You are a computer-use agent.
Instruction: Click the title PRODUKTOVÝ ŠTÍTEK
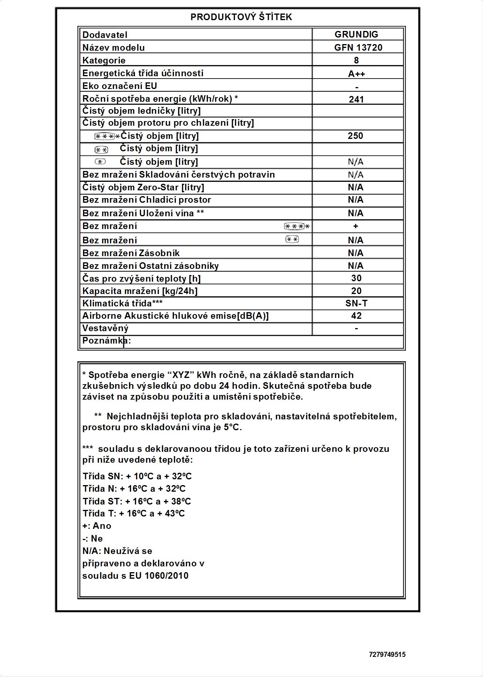[x=241, y=17]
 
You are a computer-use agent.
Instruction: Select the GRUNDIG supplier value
[x=356, y=34]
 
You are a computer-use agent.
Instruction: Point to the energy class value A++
[x=356, y=74]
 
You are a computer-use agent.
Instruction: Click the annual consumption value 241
[x=356, y=99]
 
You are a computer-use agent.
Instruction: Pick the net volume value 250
[x=355, y=136]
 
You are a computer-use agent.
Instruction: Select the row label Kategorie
[x=104, y=60]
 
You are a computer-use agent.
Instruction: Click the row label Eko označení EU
[x=120, y=86]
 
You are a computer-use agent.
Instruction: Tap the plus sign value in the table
[x=355, y=226]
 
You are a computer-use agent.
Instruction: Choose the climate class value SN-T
[x=356, y=303]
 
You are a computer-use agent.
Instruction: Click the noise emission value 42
[x=356, y=316]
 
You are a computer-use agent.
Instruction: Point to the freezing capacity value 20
[x=356, y=291]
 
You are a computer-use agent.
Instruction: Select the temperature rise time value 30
[x=356, y=278]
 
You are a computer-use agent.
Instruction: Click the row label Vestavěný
[x=105, y=328]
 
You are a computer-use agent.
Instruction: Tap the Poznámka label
[x=107, y=341]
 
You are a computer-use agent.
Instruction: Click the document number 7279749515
[x=387, y=655]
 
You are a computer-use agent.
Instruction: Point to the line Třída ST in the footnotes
[x=137, y=501]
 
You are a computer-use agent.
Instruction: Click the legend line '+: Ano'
[x=97, y=526]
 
